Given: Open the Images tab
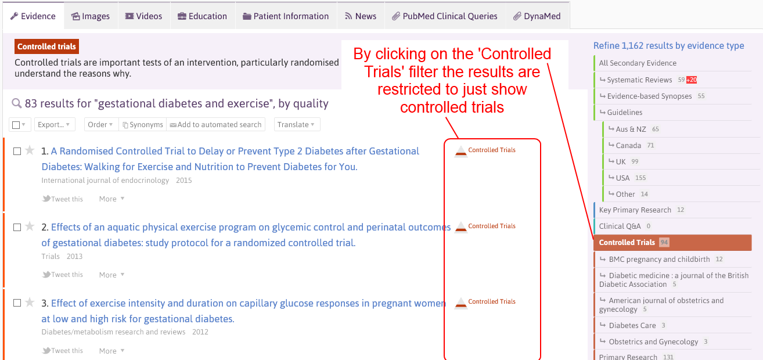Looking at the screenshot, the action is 91,16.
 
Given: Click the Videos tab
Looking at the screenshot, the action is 144,16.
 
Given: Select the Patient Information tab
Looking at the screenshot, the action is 286,16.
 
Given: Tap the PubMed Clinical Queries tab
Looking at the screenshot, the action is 445,16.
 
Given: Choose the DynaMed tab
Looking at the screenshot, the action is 537,16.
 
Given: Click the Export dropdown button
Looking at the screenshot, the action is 54,125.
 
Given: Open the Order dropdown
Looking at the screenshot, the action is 100,125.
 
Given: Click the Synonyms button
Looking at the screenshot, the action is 143,125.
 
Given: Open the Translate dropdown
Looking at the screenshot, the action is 296,125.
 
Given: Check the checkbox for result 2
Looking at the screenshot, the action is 17,227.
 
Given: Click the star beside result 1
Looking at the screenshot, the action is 30,150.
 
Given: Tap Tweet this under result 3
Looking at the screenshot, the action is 62,351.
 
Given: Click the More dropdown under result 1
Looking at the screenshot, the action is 111,199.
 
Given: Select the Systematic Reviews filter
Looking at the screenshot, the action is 639,80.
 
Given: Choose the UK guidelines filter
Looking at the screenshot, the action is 621,161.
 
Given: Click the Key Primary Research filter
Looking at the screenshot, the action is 635,210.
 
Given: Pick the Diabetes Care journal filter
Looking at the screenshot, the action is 632,325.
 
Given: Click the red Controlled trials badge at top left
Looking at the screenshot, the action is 46,46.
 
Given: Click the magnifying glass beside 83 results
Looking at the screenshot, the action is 17,103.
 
